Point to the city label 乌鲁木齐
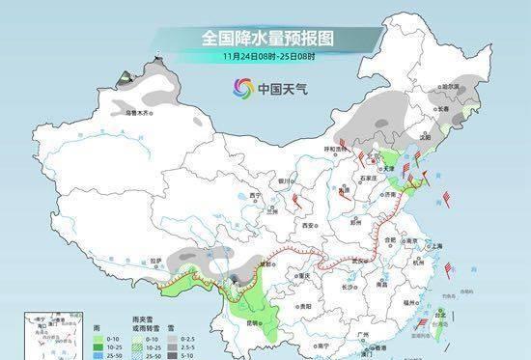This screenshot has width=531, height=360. pos(139,113)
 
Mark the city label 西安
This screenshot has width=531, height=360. pos(308,224)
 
